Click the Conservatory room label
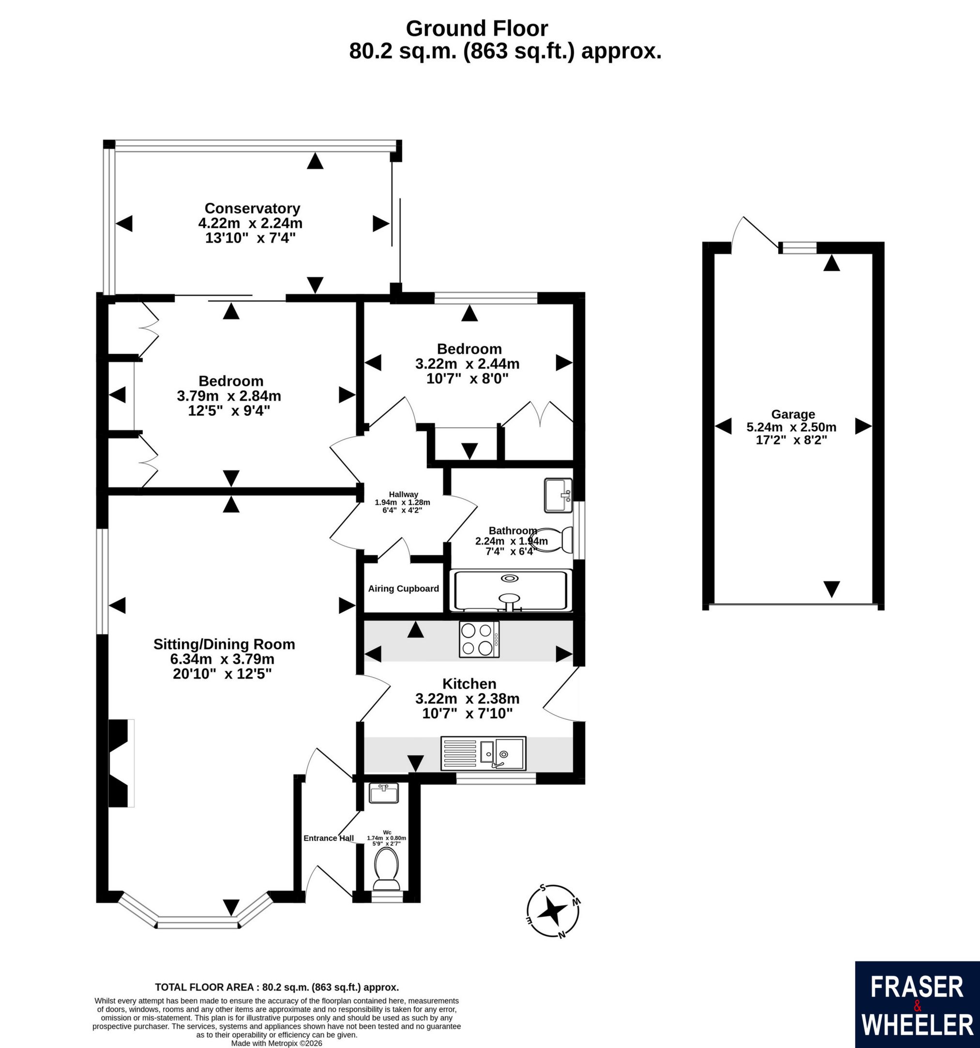coord(252,208)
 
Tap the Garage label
coord(793,414)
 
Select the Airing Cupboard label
coord(403,588)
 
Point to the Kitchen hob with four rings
coord(479,639)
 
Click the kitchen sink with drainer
coord(483,753)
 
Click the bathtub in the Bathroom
coord(510,591)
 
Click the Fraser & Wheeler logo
coord(917,1005)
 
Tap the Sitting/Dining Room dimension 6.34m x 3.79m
coord(222,659)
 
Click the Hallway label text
coord(403,494)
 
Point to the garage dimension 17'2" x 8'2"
coord(791,440)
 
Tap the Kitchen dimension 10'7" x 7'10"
coord(467,713)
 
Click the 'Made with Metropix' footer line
coord(277,1043)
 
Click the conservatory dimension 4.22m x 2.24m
coord(250,223)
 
